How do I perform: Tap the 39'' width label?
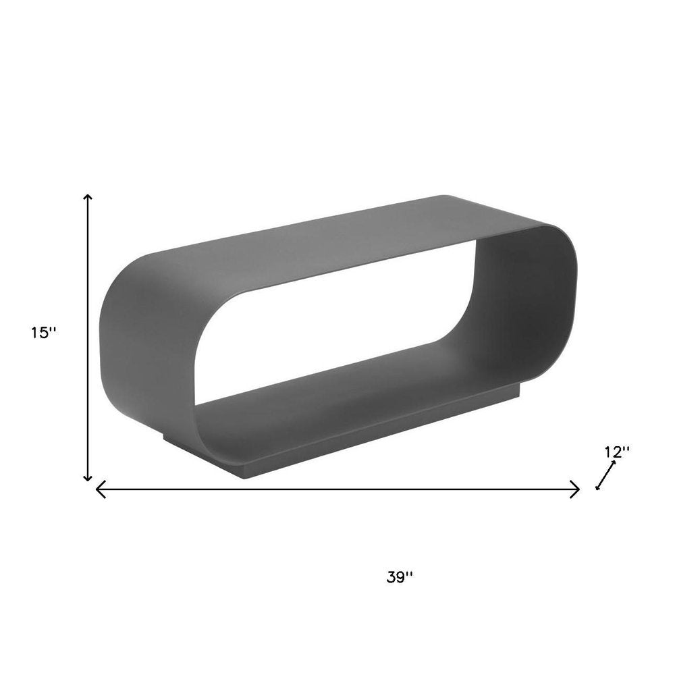[400, 577]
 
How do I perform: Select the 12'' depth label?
[617, 452]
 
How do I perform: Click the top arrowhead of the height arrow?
[88, 197]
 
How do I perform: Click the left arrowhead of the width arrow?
[99, 489]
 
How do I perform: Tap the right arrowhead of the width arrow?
[576, 489]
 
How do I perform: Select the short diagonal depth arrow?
[605, 476]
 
